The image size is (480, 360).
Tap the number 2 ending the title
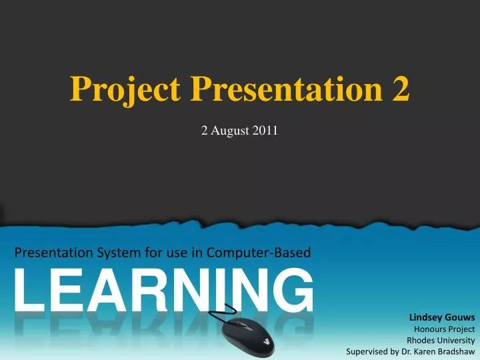click(x=401, y=89)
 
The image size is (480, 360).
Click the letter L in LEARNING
click(x=29, y=291)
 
